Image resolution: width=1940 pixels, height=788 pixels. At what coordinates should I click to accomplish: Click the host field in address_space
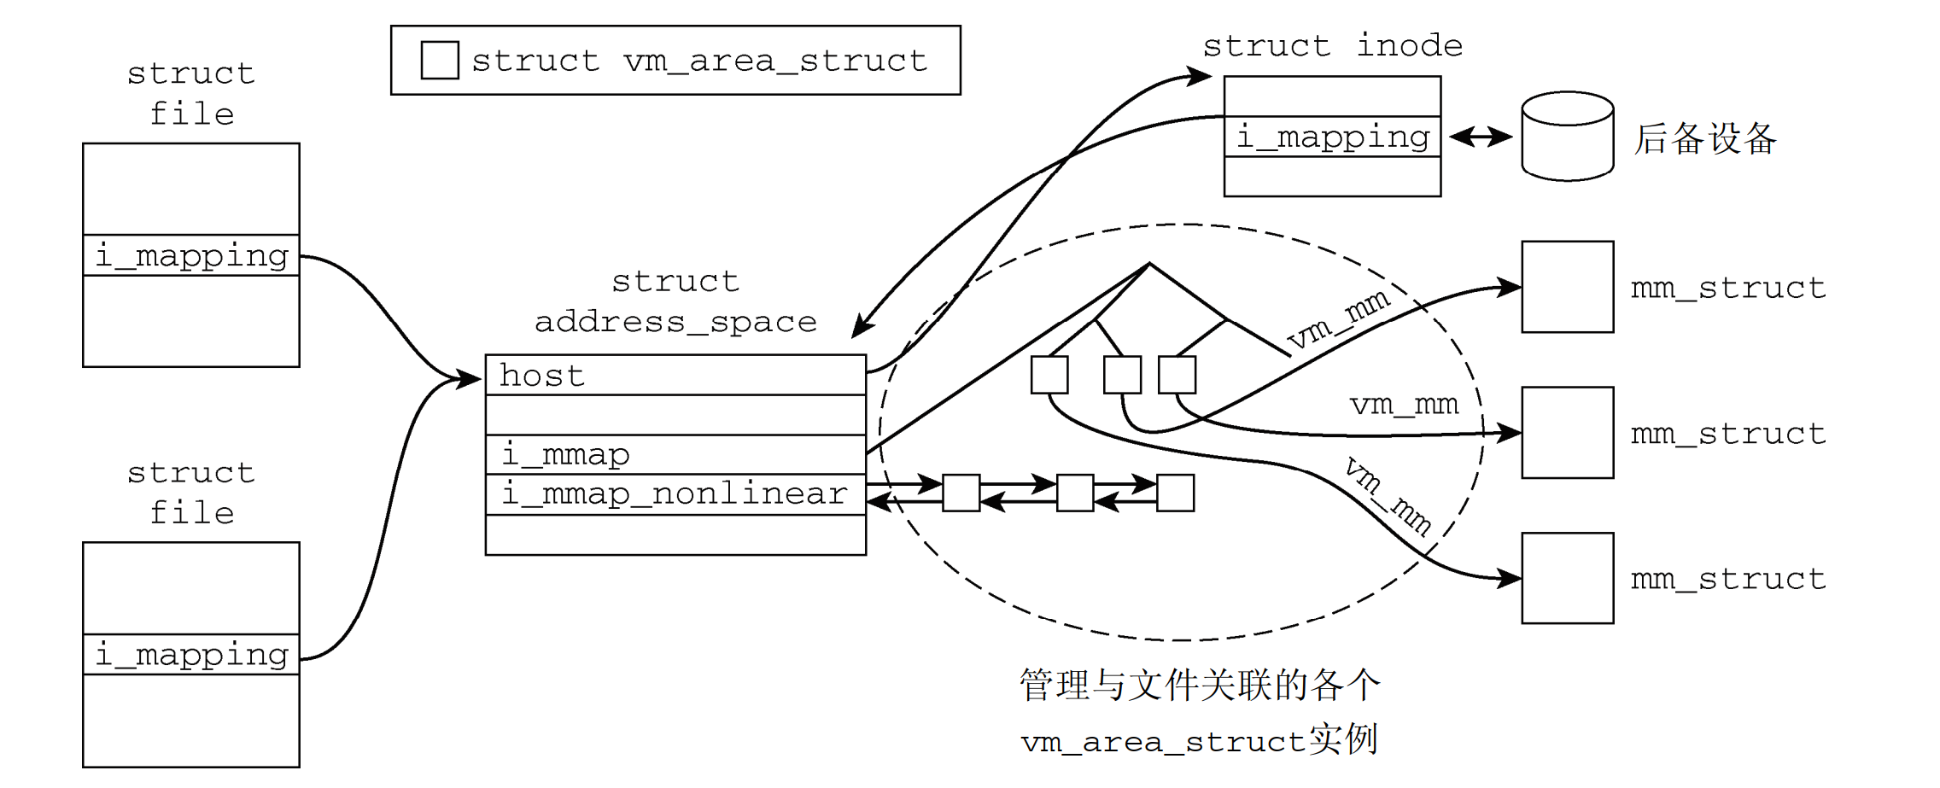coord(675,376)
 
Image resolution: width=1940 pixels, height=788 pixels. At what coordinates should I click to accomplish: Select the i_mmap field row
coord(675,454)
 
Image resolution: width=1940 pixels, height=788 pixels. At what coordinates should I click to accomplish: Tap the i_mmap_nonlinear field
coord(675,493)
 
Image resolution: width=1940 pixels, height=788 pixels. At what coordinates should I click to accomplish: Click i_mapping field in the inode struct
coord(1332,137)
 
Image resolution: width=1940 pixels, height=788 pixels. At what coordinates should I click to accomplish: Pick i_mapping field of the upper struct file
coord(191,255)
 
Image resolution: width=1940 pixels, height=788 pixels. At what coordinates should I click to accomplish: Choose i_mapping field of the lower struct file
coord(191,655)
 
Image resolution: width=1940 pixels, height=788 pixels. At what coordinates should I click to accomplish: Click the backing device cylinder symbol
coord(1568,137)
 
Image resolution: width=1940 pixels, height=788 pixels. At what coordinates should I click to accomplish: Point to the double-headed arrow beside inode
coord(1481,137)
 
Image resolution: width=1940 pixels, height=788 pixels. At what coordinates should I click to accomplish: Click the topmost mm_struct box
coord(1568,287)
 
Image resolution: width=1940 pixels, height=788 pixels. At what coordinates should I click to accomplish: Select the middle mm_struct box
coord(1568,433)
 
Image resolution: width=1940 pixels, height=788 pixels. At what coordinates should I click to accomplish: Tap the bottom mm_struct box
coord(1568,578)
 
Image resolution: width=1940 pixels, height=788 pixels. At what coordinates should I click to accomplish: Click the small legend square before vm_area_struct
coord(440,61)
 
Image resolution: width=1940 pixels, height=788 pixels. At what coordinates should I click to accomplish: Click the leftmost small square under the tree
coord(1049,375)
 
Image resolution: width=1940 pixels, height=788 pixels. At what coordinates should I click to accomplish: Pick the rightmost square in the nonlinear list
coord(1175,493)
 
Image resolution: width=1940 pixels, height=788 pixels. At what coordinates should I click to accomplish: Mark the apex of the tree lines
coord(1149,264)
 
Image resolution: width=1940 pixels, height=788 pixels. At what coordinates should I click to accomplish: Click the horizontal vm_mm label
coord(1404,404)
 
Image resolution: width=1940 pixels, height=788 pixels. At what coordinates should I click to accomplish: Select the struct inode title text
coord(1332,45)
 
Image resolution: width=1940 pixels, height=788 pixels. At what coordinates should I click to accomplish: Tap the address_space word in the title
coord(675,322)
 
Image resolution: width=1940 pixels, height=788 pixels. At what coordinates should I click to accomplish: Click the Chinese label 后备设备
coord(1705,138)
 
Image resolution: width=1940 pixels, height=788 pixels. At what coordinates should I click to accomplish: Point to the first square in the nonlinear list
coord(961,493)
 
